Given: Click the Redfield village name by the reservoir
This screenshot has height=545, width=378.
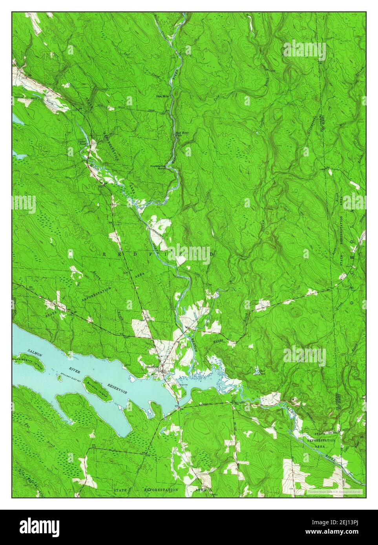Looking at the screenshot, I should pyautogui.click(x=152, y=367).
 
